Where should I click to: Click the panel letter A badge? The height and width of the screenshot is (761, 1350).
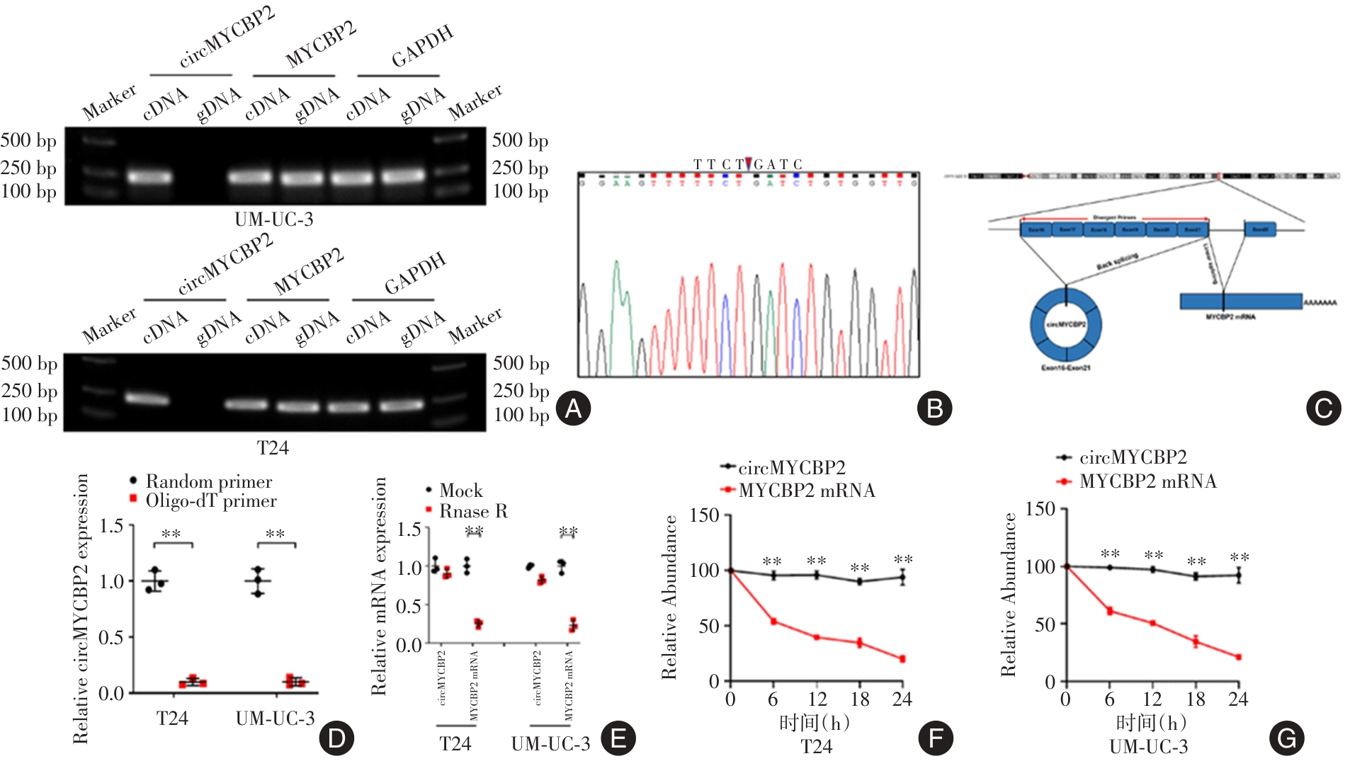click(573, 408)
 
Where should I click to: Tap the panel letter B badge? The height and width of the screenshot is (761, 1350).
click(934, 408)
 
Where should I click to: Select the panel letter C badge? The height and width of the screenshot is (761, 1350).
click(1323, 408)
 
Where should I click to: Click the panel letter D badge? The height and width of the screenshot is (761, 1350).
click(336, 738)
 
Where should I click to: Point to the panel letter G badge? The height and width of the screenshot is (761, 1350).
click(1286, 738)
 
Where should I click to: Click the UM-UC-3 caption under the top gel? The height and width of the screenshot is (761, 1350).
click(274, 219)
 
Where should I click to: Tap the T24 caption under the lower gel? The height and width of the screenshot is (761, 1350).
click(273, 448)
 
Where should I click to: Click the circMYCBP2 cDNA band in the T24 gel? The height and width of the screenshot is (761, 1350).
click(147, 399)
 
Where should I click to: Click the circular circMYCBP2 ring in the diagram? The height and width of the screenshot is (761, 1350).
click(1065, 324)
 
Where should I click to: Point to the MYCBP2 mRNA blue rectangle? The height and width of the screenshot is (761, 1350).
click(1240, 302)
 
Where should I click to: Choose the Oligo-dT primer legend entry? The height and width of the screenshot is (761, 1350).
click(210, 501)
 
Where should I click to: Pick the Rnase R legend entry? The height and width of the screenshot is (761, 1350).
click(472, 511)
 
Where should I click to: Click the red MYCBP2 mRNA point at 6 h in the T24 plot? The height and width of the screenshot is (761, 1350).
click(773, 622)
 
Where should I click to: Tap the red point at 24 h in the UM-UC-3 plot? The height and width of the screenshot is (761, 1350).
click(1238, 657)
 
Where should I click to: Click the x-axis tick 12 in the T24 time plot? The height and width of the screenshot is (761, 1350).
click(817, 699)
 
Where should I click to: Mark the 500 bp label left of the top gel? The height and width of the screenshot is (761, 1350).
click(28, 140)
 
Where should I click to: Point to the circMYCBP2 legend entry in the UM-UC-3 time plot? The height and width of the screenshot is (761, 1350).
click(1132, 458)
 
